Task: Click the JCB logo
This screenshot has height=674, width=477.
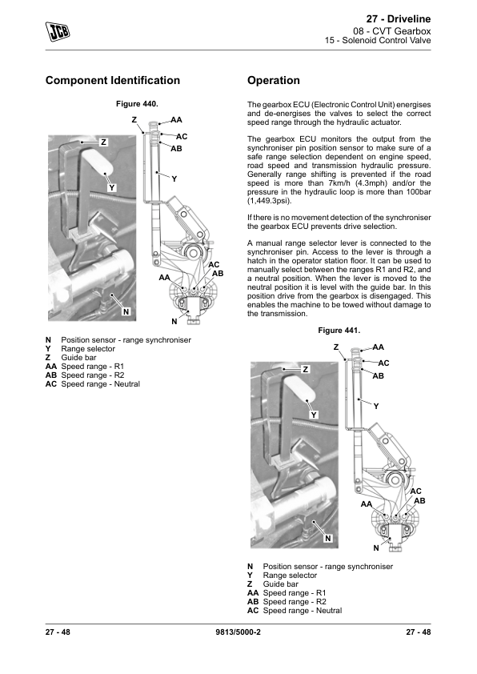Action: [58, 31]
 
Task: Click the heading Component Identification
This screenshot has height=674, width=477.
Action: [113, 80]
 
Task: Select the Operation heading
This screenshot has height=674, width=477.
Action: [273, 80]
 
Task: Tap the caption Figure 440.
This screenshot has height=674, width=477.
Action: [137, 103]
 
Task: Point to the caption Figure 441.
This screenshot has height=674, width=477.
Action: [339, 330]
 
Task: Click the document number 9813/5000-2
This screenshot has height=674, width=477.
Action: [238, 632]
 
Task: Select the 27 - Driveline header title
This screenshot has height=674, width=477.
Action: [399, 19]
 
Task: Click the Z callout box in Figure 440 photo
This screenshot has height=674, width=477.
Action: [103, 142]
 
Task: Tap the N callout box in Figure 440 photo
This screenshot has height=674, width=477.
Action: [126, 311]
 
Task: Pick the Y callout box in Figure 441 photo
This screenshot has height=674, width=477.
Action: [315, 415]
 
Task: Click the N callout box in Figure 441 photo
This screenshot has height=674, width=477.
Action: [328, 538]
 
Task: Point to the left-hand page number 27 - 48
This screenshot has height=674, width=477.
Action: [58, 632]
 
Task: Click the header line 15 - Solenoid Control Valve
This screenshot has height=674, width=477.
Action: [378, 40]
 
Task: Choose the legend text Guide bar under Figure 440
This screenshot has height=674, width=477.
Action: [78, 358]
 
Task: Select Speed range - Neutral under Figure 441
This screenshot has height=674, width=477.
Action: [303, 611]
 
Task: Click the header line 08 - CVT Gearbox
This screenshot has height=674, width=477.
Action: [392, 31]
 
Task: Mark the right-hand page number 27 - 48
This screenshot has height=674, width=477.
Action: [418, 632]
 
